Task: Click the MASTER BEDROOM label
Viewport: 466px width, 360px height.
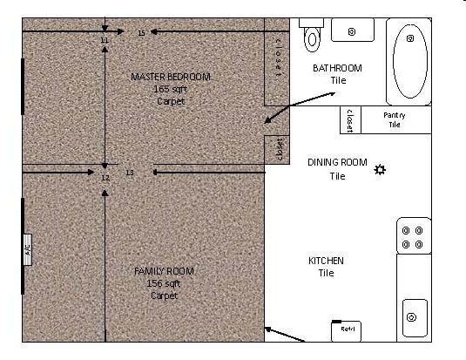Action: coord(171,77)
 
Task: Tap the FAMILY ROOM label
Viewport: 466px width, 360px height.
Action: coord(164,271)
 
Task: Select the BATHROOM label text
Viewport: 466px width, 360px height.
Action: coord(337,68)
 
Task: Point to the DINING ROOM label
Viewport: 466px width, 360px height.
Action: coord(337,162)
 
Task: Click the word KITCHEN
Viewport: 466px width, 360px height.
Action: coord(326,261)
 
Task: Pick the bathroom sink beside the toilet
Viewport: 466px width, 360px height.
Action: coord(352,31)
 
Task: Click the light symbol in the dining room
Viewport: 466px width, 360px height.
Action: coord(380,169)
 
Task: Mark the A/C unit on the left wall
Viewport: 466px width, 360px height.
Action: coord(27,249)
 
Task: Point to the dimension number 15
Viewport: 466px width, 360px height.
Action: coord(141,33)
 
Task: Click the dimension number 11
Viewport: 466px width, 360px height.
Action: coord(105,41)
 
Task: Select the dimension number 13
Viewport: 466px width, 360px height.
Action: coord(130,173)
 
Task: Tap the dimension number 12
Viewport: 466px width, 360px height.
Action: coord(105,178)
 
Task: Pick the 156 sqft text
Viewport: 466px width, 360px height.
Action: coord(164,283)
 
